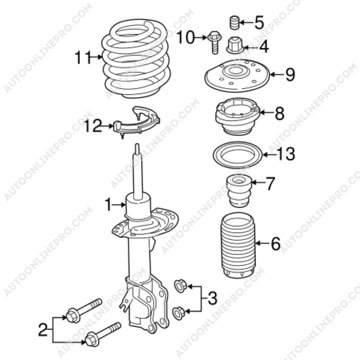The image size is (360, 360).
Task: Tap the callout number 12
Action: [93, 126]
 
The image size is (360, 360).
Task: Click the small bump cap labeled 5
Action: [235, 23]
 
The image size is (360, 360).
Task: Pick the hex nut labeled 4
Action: [235, 45]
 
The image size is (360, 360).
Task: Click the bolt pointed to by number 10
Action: [214, 42]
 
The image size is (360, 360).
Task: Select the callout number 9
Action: [290, 75]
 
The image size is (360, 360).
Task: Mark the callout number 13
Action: [286, 154]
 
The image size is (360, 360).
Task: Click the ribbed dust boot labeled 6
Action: [238, 245]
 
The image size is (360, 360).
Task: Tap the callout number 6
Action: [276, 243]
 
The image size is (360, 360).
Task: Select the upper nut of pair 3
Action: [180, 286]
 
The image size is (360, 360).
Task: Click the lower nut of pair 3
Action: [179, 313]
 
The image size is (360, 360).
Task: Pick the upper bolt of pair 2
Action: [84, 310]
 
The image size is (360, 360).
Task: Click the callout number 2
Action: [43, 330]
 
